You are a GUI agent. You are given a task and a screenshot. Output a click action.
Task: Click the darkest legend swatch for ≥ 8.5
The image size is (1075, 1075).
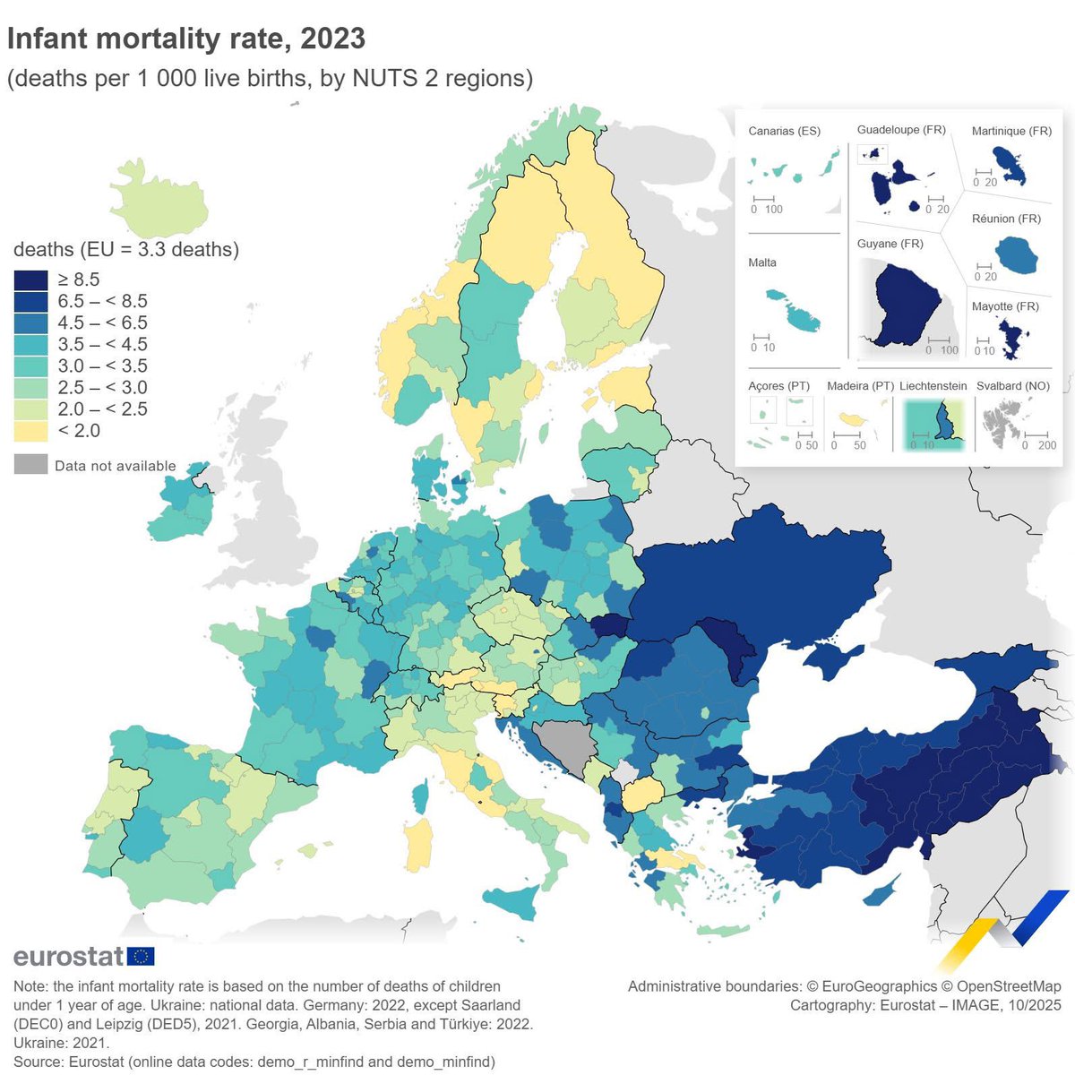pos(30,279)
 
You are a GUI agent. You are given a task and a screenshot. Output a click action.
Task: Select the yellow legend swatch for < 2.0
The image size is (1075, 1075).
pos(30,431)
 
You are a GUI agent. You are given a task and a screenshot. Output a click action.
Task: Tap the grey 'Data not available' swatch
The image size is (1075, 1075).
pos(30,464)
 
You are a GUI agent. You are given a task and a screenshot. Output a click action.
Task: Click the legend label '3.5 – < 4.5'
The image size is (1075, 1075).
pos(102,345)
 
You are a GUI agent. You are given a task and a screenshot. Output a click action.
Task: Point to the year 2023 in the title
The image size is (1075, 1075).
pos(332,39)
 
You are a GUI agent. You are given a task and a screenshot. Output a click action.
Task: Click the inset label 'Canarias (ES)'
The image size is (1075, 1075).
pos(784,132)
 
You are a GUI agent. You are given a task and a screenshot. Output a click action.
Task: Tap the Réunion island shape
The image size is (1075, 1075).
pos(1016,256)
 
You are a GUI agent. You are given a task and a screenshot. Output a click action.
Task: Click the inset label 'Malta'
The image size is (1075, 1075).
pos(762,262)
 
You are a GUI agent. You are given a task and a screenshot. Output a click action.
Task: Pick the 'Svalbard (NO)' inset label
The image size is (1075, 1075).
pos(1012,386)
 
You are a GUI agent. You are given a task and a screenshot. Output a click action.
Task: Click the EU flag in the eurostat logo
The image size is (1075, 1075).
pos(141,956)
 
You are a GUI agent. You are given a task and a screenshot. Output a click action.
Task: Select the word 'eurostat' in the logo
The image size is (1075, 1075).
pos(68,956)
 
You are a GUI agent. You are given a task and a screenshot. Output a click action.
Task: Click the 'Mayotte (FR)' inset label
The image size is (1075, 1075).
pos(1005,306)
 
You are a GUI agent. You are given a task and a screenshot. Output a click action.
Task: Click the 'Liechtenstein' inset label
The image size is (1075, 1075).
pos(933,386)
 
